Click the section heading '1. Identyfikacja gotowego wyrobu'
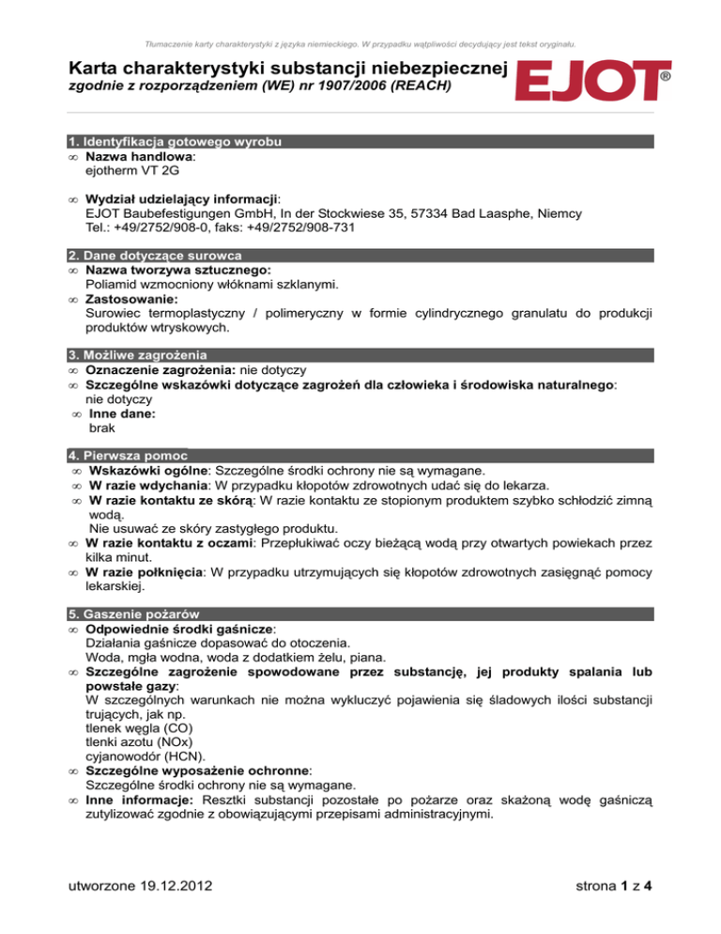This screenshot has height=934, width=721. point(176,141)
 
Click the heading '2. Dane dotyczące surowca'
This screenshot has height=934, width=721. point(157,255)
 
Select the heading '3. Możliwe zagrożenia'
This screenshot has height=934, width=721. point(138,355)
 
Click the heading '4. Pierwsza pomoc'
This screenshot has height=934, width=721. point(127,456)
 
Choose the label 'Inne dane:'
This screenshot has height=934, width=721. point(122,413)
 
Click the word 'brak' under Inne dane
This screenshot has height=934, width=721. point(104,427)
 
